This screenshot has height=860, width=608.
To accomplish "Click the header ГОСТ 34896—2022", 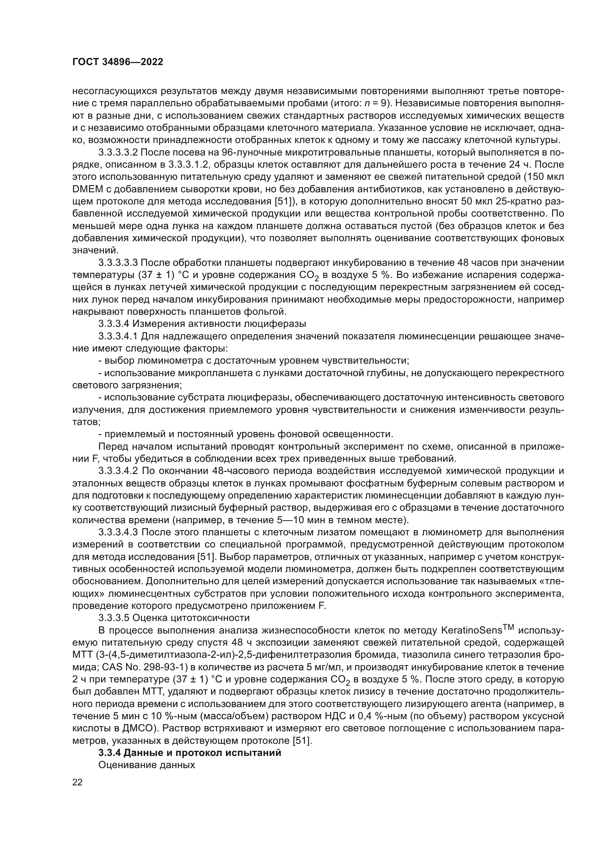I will coord(118,62).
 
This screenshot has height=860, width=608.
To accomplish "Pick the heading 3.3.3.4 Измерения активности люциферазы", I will coord(202,324).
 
